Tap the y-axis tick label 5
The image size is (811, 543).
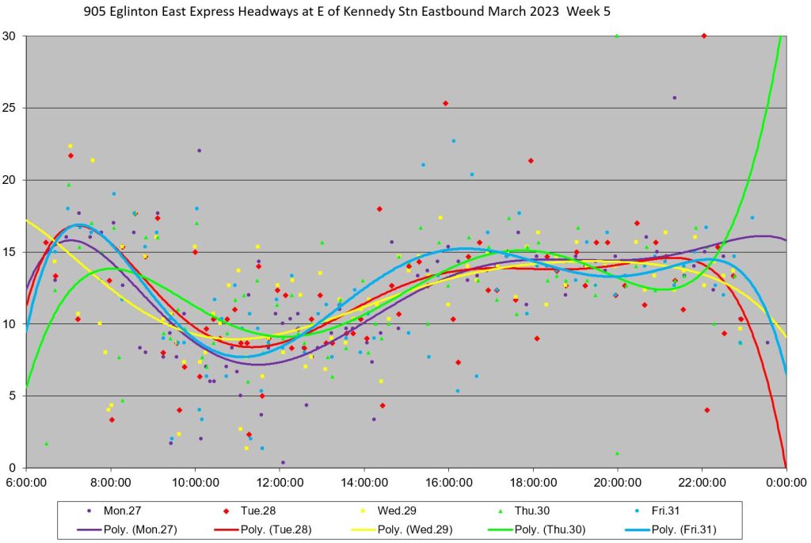point(13,396)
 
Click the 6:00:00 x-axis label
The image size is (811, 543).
point(26,481)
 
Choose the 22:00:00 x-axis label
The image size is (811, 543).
point(702,481)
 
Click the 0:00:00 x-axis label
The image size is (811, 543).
point(786,481)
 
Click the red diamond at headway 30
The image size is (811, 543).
point(704,36)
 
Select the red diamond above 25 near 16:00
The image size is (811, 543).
point(446,103)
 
